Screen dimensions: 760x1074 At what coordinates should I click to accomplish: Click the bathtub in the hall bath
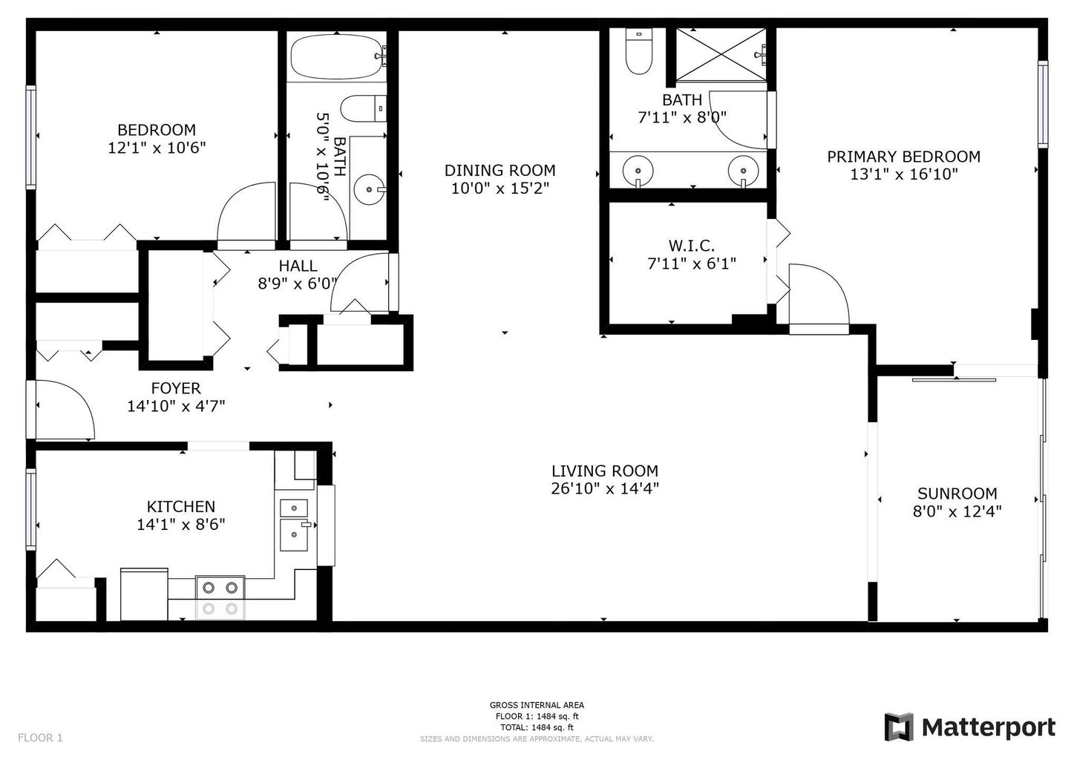pyautogui.click(x=336, y=56)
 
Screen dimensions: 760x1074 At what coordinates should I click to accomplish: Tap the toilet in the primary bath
pyautogui.click(x=638, y=52)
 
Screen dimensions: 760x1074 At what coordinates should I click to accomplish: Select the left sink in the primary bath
pyautogui.click(x=638, y=170)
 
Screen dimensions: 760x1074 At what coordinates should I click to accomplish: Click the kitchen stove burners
pyautogui.click(x=220, y=597)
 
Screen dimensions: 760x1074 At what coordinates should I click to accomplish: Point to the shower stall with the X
pyautogui.click(x=721, y=54)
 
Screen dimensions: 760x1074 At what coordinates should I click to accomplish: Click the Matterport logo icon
pyautogui.click(x=899, y=727)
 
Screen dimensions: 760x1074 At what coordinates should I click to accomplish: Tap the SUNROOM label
pyautogui.click(x=957, y=494)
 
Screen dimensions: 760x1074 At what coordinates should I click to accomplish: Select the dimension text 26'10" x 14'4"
pyautogui.click(x=605, y=488)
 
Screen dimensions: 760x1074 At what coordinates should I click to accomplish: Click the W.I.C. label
pyautogui.click(x=691, y=246)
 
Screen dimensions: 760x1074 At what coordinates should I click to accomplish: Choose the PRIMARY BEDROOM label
pyautogui.click(x=903, y=157)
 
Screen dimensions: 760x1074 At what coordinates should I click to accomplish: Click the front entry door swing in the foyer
pyautogui.click(x=65, y=410)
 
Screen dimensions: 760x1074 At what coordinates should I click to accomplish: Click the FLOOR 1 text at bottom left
pyautogui.click(x=40, y=738)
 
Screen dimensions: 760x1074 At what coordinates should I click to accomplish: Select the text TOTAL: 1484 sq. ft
pyautogui.click(x=537, y=727)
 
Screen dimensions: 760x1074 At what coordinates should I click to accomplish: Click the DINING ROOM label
pyautogui.click(x=500, y=171)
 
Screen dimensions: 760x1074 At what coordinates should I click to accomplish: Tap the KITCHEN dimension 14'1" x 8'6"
pyautogui.click(x=181, y=525)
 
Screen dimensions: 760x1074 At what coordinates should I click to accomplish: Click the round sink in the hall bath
pyautogui.click(x=369, y=189)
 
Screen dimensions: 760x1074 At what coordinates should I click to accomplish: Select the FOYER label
pyautogui.click(x=176, y=388)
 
